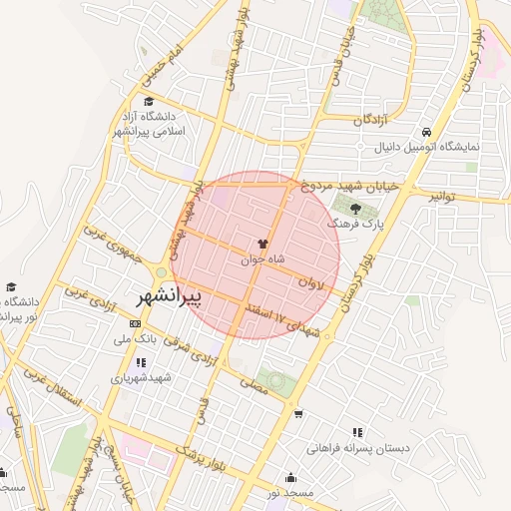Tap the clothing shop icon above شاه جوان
pyautogui.click(x=262, y=243)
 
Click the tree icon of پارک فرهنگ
pyautogui.click(x=356, y=208)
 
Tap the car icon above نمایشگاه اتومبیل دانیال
pyautogui.click(x=427, y=132)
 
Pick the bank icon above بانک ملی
pyautogui.click(x=136, y=323)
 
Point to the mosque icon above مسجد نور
pyautogui.click(x=290, y=477)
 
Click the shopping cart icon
pyautogui.click(x=298, y=412)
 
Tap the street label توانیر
pyautogui.click(x=445, y=197)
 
